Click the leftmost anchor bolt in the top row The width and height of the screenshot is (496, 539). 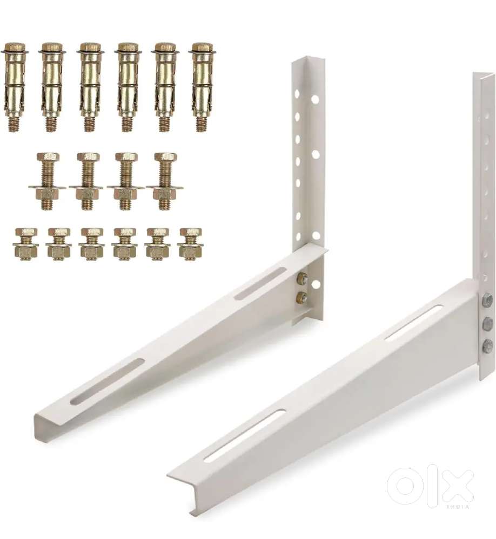pyautogui.click(x=14, y=87)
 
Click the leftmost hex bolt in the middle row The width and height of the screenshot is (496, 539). pyautogui.click(x=48, y=181)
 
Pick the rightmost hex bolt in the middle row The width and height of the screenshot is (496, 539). pyautogui.click(x=165, y=181)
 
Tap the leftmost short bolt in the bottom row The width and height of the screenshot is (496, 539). pyautogui.click(x=25, y=244)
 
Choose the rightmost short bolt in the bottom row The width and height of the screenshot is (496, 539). pyautogui.click(x=190, y=244)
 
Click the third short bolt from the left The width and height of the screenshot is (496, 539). pyautogui.click(x=91, y=244)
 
